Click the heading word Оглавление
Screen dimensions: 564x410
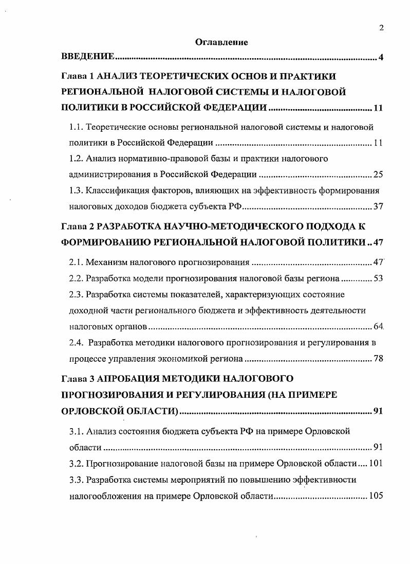click(x=221, y=43)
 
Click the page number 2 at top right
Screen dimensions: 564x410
click(x=381, y=28)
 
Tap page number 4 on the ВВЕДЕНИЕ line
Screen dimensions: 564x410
click(x=381, y=57)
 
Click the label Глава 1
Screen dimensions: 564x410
click(x=78, y=76)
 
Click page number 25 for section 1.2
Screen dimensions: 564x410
click(x=378, y=174)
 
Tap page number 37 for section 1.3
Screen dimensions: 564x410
click(x=378, y=207)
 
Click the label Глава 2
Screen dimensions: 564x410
click(x=78, y=226)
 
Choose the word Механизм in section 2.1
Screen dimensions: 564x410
click(x=106, y=262)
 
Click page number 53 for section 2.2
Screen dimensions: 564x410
click(x=378, y=278)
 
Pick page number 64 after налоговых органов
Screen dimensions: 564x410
click(x=378, y=327)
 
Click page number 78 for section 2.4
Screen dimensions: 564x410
click(x=378, y=359)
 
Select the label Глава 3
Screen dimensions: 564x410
click(x=78, y=379)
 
